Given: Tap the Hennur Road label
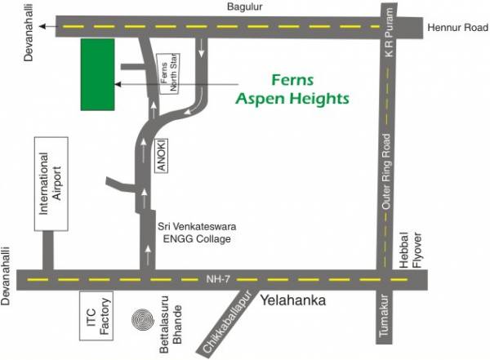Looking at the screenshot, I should pyautogui.click(x=453, y=27).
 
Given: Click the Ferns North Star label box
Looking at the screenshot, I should pyautogui.click(x=170, y=77).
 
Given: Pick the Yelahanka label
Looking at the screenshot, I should pyautogui.click(x=293, y=301).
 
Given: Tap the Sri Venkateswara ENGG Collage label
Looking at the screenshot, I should pyautogui.click(x=195, y=233).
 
